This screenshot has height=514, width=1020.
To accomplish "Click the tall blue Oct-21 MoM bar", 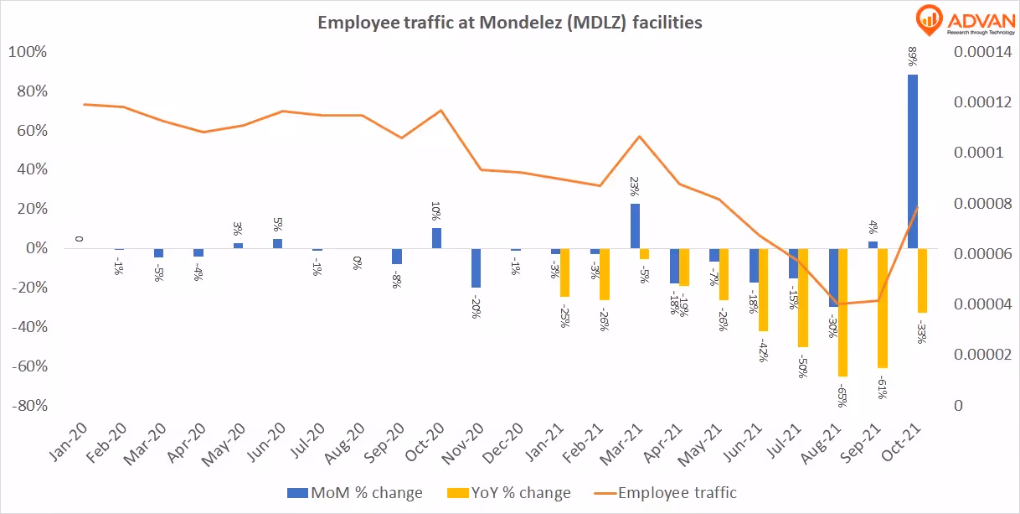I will click(913, 161).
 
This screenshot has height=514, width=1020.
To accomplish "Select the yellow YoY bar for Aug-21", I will click(843, 312).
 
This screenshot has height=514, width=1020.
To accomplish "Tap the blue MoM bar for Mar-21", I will click(635, 226).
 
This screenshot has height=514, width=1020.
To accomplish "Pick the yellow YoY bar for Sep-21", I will click(883, 308).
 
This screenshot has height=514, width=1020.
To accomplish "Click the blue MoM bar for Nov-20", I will click(477, 267).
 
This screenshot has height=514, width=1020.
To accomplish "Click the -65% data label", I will click(843, 394).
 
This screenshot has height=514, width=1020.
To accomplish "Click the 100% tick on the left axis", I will click(28, 52).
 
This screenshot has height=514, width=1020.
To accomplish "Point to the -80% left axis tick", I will click(28, 406).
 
